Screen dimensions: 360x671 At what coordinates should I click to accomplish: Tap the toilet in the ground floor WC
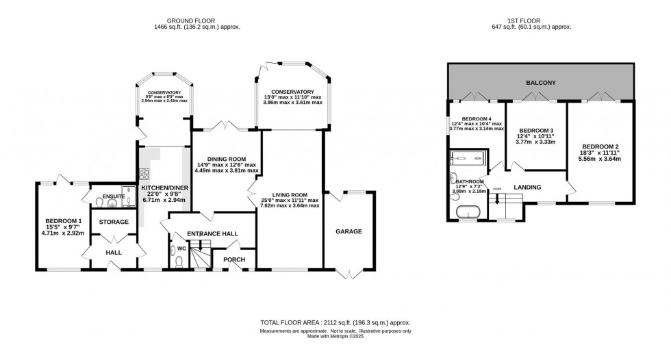178,260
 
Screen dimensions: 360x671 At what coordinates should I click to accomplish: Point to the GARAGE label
349,231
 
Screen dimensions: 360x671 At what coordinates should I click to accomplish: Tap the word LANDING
527,188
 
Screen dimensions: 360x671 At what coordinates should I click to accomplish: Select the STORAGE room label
114,222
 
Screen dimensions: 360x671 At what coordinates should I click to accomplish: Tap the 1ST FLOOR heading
540,21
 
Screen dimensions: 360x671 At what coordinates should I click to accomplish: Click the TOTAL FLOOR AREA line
335,322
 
